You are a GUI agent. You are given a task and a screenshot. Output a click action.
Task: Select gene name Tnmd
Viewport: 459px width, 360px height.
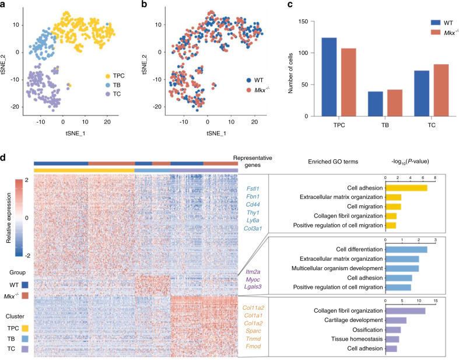(x=253, y=340)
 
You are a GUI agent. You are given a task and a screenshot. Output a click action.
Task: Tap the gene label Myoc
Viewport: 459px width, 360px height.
(x=253, y=282)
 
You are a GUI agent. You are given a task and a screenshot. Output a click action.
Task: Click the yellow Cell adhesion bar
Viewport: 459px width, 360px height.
(x=407, y=188)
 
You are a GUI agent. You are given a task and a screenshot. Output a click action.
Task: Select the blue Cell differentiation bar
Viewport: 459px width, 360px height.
(x=407, y=250)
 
